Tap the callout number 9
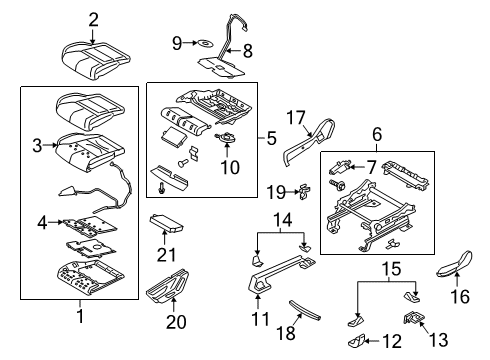(x=176, y=42)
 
